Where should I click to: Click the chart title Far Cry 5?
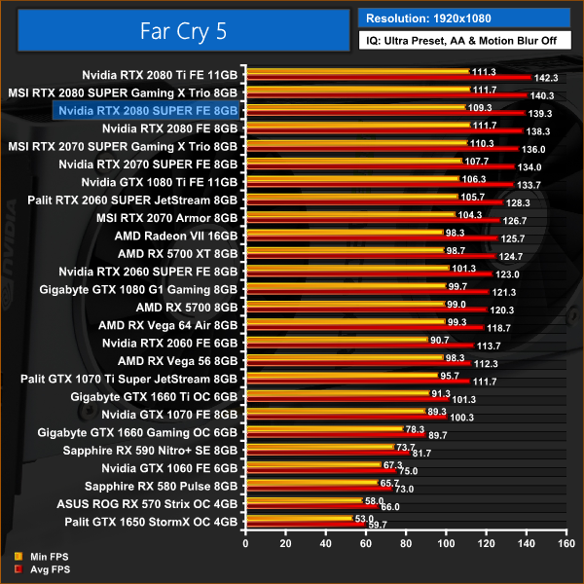(178, 30)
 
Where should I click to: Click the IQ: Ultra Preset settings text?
(464, 41)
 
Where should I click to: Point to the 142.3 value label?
(546, 77)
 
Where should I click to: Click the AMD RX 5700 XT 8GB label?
(177, 252)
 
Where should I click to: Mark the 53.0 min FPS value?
(363, 518)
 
